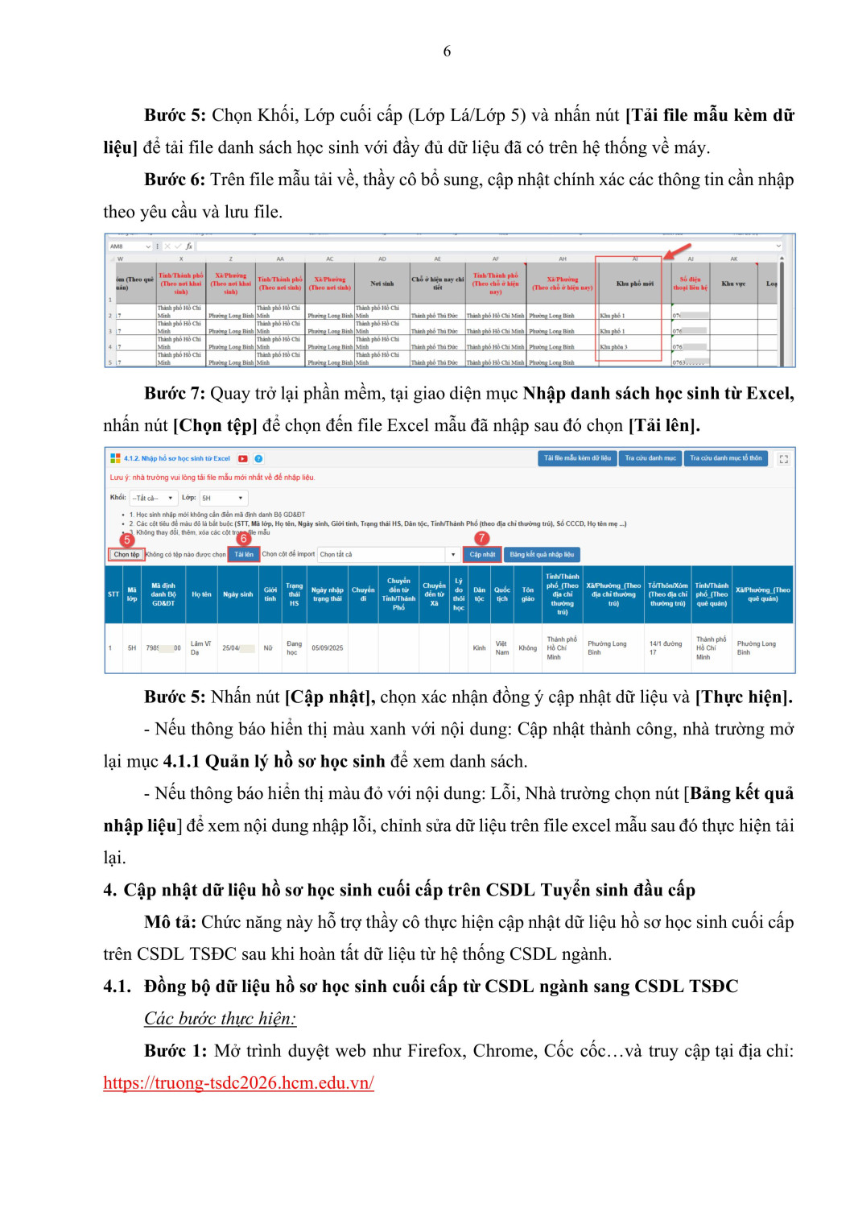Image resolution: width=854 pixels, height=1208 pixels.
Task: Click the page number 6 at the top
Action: tap(447, 52)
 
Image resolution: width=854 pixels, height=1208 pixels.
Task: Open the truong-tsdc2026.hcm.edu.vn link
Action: tap(238, 1083)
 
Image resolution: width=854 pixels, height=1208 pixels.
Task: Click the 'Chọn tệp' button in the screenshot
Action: tap(126, 554)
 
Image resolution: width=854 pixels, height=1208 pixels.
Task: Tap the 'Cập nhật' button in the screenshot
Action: tap(482, 554)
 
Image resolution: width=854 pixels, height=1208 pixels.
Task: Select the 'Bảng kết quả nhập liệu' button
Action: tap(542, 554)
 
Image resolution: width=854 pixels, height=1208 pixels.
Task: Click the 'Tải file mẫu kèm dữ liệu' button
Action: tap(577, 458)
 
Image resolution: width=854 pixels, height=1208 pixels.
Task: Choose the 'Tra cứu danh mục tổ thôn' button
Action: tap(725, 458)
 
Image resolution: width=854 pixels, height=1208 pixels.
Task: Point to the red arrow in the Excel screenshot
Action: tap(677, 250)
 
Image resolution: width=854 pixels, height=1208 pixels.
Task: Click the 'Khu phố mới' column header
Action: tap(634, 283)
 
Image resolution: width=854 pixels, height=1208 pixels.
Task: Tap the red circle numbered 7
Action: tap(481, 538)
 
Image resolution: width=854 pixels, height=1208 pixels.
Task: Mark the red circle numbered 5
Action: tap(126, 540)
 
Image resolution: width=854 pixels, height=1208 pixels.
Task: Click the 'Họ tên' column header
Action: tap(201, 594)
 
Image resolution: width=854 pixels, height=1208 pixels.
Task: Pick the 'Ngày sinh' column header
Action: tap(237, 594)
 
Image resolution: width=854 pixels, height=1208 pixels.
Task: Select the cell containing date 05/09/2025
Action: tap(327, 647)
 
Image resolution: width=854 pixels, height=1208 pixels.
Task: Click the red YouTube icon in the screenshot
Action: tap(243, 458)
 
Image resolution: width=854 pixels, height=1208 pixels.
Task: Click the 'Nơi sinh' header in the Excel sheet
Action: tap(382, 283)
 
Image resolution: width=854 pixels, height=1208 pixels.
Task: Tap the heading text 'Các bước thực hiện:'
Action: tap(220, 1019)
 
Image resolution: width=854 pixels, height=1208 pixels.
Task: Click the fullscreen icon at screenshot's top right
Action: tap(783, 459)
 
